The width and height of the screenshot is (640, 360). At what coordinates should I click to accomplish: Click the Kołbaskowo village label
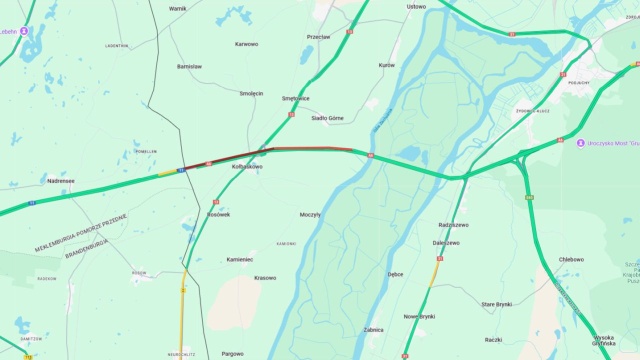pyautogui.click(x=246, y=166)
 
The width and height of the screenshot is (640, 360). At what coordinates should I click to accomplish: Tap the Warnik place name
pyautogui.click(x=178, y=8)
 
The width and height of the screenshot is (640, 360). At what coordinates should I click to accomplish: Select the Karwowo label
pyautogui.click(x=246, y=44)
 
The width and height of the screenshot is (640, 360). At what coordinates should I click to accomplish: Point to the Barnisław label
pyautogui.click(x=189, y=66)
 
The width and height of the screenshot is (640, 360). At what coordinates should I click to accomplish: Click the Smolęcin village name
pyautogui.click(x=251, y=93)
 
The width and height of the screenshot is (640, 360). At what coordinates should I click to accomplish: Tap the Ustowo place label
pyautogui.click(x=416, y=6)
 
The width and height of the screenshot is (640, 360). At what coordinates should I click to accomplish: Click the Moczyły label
pyautogui.click(x=310, y=214)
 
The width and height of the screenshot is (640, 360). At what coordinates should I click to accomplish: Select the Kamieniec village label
pyautogui.click(x=240, y=259)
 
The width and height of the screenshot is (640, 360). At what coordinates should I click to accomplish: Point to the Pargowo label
pyautogui.click(x=232, y=353)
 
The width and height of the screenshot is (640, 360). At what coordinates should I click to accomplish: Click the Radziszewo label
pyautogui.click(x=454, y=225)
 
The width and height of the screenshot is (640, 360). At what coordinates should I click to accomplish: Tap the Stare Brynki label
pyautogui.click(x=497, y=303)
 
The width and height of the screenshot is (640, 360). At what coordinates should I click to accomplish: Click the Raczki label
pyautogui.click(x=493, y=340)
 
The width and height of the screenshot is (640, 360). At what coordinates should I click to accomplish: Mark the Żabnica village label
pyautogui.click(x=373, y=329)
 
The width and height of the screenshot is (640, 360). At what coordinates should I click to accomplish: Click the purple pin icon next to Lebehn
pyautogui.click(x=24, y=31)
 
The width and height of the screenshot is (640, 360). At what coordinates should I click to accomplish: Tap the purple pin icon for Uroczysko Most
pyautogui.click(x=580, y=143)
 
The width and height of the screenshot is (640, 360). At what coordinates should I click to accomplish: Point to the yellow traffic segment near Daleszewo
pyautogui.click(x=436, y=270)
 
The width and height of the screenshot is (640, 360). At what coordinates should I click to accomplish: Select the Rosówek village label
pyautogui.click(x=218, y=214)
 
